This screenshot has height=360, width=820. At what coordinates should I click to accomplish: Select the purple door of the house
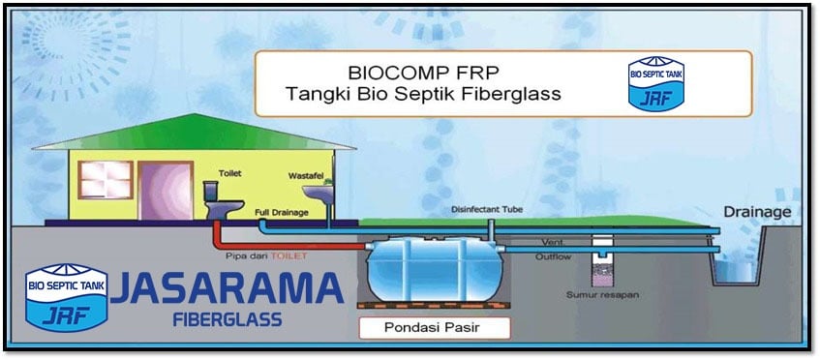[166, 191]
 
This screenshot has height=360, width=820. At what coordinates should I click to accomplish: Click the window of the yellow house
[106, 180]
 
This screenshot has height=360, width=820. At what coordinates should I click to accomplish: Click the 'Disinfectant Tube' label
[487, 210]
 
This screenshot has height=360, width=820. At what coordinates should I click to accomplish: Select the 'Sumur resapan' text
[602, 295]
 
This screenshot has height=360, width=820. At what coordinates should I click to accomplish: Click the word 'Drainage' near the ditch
[757, 212]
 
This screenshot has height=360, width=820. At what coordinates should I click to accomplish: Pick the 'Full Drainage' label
[282, 213]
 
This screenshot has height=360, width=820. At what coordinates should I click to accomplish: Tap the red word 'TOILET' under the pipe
[289, 256]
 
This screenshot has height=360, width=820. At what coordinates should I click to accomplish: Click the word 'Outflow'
[554, 257]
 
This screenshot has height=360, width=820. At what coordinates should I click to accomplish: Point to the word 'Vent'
[553, 243]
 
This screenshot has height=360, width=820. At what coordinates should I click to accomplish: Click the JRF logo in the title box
[655, 83]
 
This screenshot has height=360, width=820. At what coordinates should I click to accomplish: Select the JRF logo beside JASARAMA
[67, 297]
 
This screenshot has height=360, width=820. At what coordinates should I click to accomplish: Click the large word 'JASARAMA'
[227, 288]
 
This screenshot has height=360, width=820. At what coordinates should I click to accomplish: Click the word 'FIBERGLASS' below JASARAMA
[228, 318]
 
